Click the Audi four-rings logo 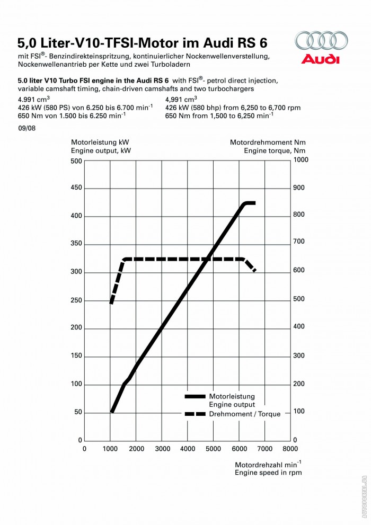(321, 41)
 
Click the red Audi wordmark (321, 59)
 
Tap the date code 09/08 (26, 128)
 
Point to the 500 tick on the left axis (76, 161)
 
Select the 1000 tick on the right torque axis (301, 159)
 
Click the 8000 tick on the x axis (290, 449)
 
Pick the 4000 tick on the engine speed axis (188, 449)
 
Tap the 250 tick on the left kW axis (76, 300)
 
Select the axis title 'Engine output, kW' (101, 150)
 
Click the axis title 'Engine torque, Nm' (275, 150)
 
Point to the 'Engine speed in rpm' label (268, 473)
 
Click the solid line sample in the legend (195, 396)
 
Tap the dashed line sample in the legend (195, 414)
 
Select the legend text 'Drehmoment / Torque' (245, 414)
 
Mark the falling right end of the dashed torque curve (254, 270)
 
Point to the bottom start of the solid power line (112, 410)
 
